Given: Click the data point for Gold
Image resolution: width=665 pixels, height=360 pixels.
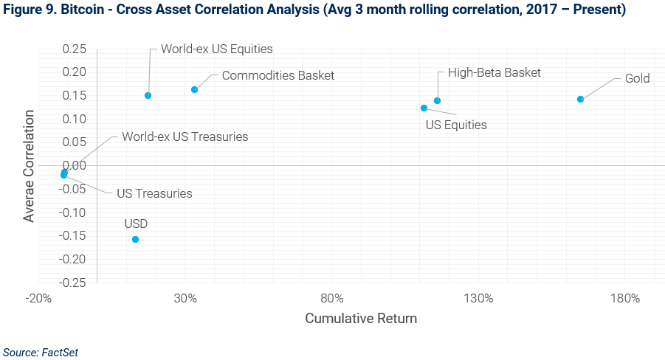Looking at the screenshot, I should click(580, 99).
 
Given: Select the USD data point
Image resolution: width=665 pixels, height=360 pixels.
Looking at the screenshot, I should click(135, 239).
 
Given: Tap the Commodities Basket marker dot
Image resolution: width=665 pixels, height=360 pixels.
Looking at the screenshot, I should click(195, 89).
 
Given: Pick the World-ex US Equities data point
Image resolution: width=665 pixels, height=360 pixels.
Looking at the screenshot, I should click(148, 95).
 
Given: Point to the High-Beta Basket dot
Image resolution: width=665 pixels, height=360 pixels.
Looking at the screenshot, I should click(437, 100).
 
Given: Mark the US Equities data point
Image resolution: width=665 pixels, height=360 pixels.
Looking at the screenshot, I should click(424, 108).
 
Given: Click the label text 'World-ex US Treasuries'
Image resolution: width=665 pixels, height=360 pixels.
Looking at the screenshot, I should click(185, 136).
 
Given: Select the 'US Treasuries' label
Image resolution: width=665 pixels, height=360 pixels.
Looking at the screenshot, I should click(154, 193).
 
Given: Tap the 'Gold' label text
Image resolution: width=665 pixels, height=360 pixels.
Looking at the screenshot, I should click(637, 78).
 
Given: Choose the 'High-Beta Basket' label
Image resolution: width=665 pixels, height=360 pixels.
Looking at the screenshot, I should click(495, 72).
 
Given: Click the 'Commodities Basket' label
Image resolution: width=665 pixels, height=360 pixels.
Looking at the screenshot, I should click(278, 75).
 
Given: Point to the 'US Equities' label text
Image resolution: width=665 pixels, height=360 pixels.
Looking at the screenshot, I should click(456, 125).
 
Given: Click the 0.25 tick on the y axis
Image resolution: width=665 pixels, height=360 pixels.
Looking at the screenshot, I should click(75, 49).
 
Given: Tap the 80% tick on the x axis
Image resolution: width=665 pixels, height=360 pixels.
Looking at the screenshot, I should click(332, 298).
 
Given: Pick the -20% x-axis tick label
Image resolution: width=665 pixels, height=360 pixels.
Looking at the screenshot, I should click(38, 298).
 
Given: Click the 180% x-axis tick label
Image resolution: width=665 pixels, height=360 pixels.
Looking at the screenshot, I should click(625, 298).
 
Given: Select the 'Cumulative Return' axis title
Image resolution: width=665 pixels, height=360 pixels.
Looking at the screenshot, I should click(361, 319).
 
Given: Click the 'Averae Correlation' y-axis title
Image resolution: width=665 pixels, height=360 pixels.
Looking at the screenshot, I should click(29, 166).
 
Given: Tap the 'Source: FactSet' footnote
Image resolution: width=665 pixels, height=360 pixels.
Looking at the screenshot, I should click(41, 352).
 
